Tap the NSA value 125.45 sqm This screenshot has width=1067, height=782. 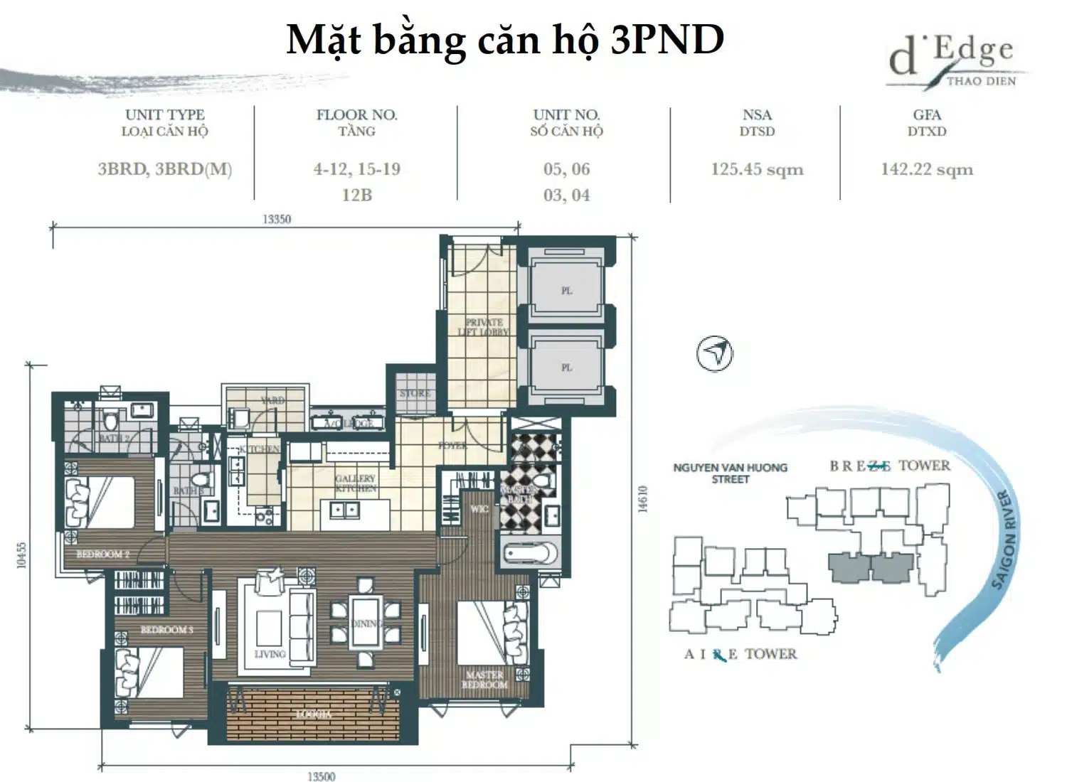coord(757,170)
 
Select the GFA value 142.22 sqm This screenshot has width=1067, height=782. coord(927,170)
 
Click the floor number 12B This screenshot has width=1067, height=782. coord(356,195)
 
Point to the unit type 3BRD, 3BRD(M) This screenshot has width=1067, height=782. coord(165,170)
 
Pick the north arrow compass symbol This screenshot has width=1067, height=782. coord(715,353)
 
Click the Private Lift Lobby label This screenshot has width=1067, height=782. coord(484,327)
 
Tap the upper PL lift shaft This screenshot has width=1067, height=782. coord(566,290)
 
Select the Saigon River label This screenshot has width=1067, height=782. coord(1004,540)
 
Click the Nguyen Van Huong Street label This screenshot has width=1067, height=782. coord(730,473)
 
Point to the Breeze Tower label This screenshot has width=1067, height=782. coord(889,466)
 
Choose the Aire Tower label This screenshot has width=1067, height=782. coord(740,655)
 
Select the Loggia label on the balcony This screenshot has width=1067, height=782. coord(313,714)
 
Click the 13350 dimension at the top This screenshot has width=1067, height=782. coord(277,220)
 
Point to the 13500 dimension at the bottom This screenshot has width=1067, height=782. coord(322,776)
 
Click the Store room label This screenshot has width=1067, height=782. coord(415,393)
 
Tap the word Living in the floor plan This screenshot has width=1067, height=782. coord(270,654)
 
